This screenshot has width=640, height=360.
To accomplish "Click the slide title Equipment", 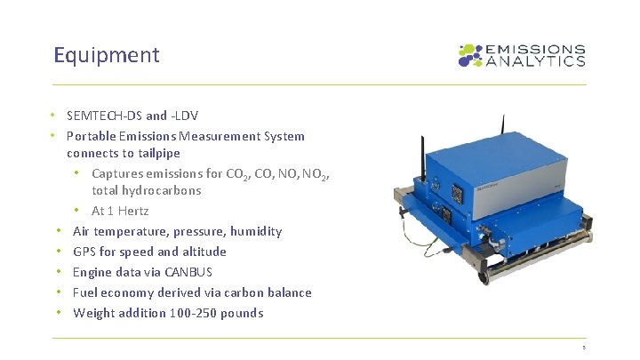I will pos(106,55).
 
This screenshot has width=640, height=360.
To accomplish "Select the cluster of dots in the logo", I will pos(469,55).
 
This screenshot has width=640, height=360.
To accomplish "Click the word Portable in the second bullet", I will pos(90,136).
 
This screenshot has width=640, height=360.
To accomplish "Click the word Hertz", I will pos(133,211).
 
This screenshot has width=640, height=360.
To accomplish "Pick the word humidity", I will pos(255,231).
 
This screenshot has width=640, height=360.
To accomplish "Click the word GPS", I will pos(84,252).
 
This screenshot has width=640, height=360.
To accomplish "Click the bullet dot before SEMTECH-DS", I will pos(54,116).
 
